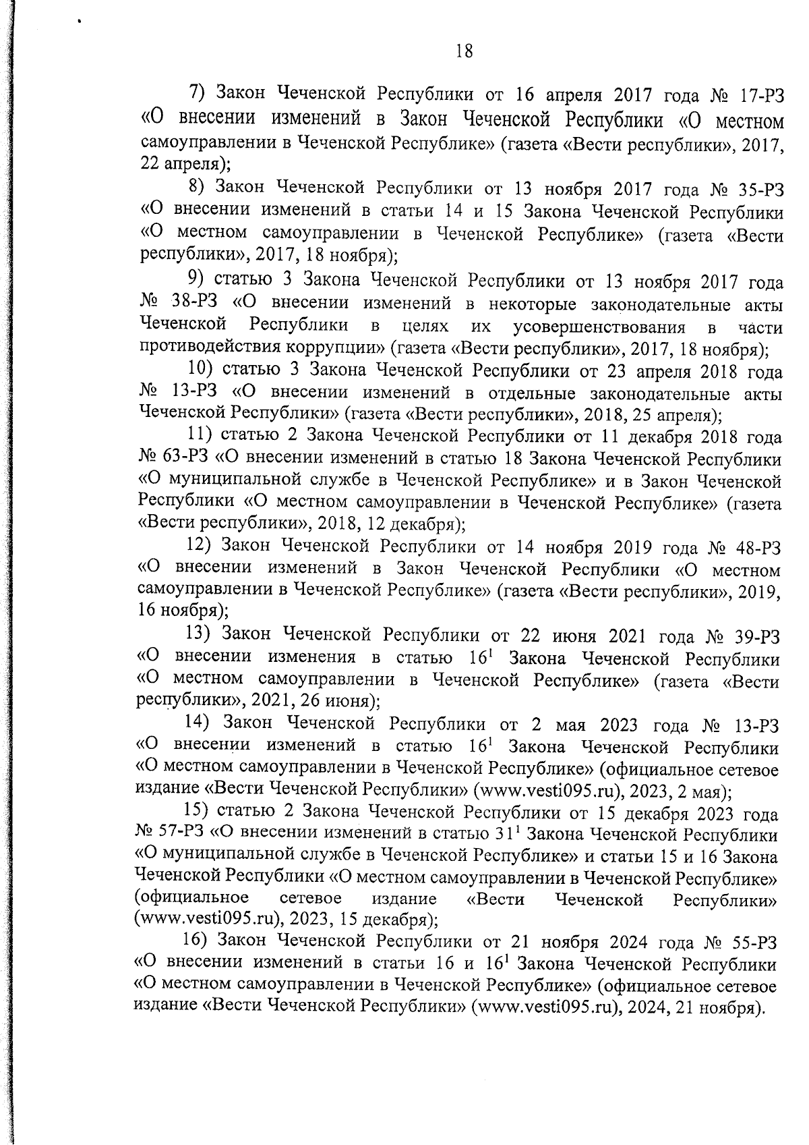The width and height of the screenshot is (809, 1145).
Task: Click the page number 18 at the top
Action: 464,51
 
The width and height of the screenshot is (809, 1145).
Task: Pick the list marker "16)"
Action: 196,940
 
